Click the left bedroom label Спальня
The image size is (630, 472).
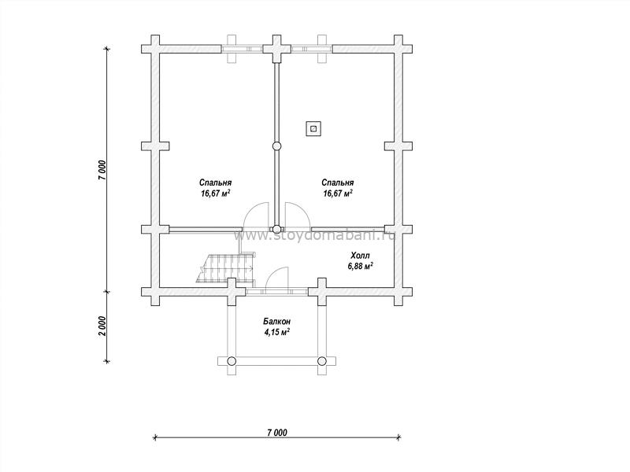[x=215, y=183]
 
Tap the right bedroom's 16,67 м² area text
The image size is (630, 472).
[x=338, y=194]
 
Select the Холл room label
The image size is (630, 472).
[x=361, y=255]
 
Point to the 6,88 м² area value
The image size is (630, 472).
[x=360, y=266]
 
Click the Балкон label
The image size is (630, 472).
[x=277, y=322]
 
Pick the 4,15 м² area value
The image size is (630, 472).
[x=277, y=332]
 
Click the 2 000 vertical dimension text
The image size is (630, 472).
[x=102, y=327]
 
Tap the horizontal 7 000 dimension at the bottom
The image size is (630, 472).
[x=277, y=433]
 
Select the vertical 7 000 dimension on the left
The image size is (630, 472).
[x=102, y=170]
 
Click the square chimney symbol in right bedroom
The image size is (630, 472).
[x=313, y=128]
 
